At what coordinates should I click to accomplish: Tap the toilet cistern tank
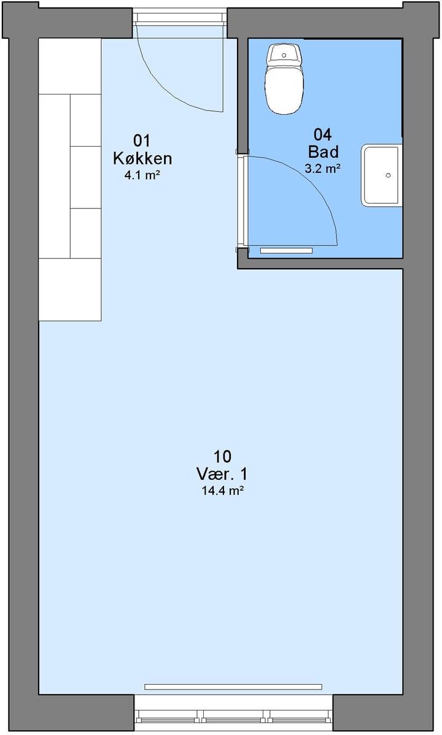pos(284,55)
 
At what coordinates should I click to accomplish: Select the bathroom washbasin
pos(381,175)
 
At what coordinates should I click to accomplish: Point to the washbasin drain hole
pos(388,175)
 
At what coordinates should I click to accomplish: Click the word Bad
pos(324,152)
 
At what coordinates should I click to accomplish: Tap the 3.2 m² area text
pos(323,169)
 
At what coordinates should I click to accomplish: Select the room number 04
pos(323,135)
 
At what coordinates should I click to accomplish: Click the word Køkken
pos(142,158)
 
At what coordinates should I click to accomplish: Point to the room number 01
pos(142,140)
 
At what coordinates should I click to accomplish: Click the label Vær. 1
pos(222,474)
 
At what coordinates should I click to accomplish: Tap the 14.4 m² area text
pos(222,491)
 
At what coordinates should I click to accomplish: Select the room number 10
pos(222,456)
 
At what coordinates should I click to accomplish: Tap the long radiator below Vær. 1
pos(233,687)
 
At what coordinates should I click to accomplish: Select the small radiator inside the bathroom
pos(286,251)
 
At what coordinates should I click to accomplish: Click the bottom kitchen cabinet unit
pos(70,290)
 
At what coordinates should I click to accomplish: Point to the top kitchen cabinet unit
pos(70,66)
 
